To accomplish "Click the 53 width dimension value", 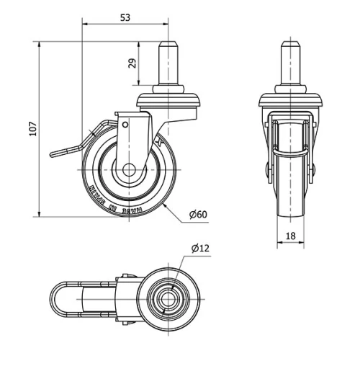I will (125, 17).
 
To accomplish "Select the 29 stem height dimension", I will (132, 63).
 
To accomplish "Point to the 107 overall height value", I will (31, 128).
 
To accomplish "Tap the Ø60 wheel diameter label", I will (198, 215).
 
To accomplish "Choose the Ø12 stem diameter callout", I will (201, 249).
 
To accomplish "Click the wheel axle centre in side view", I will (130, 171).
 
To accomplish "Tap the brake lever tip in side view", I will (52, 153).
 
